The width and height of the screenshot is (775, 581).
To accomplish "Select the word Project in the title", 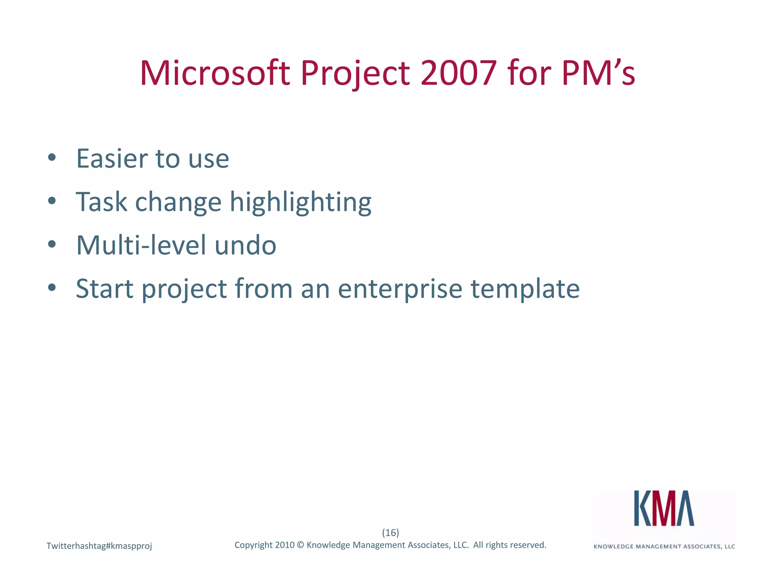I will (355, 74).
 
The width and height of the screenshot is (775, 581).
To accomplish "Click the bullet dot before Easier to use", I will (52, 157).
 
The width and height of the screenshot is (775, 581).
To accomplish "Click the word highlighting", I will (300, 202).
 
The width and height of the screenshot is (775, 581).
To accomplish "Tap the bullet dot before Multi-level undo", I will (52, 244).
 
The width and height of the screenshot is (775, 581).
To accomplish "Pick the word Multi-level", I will (141, 245).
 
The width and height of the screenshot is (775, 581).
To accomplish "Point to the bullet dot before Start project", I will (52, 287).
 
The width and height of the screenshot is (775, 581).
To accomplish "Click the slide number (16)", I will (391, 533).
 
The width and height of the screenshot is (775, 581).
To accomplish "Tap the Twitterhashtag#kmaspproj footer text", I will (99, 546).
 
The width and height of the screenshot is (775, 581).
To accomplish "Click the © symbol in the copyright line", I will (300, 545).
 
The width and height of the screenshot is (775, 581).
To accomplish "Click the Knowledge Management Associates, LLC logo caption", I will (664, 546).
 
